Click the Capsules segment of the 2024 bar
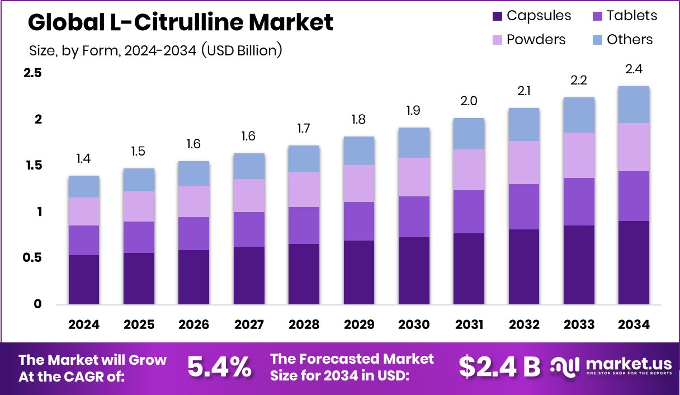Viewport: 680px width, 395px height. [x=84, y=280]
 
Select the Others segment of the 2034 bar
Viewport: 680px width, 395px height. [x=634, y=105]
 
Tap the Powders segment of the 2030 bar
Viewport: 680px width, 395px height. [x=414, y=177]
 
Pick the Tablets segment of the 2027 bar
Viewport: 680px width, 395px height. [x=249, y=229]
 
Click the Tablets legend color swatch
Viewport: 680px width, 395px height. [x=598, y=16]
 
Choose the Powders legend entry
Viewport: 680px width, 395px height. [x=529, y=40]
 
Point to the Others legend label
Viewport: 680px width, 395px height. [x=630, y=40]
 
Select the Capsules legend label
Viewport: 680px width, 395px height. [x=539, y=16]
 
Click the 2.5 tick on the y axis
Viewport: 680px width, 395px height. [x=33, y=73]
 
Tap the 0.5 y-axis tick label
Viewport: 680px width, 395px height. [x=33, y=258]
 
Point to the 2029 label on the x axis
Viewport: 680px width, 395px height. [x=359, y=325]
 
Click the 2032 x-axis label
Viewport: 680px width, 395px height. [x=523, y=325]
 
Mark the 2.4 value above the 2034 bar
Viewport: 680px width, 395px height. [x=634, y=69]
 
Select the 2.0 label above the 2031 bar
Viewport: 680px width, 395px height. [x=469, y=101]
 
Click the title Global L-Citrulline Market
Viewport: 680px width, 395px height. [x=180, y=22]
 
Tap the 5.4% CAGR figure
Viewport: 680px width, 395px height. [x=219, y=367]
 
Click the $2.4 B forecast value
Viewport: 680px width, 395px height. [x=499, y=367]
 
